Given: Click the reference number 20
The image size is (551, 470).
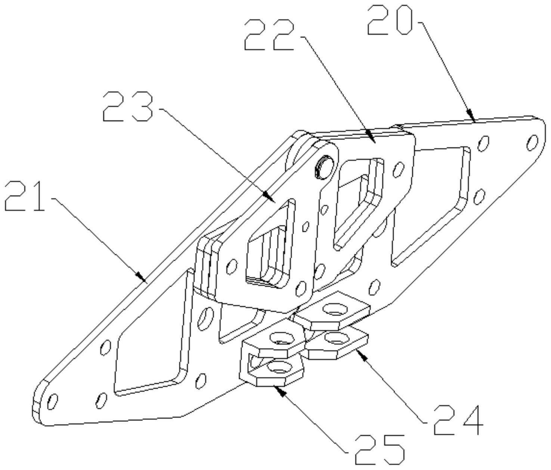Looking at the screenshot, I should point(390,21).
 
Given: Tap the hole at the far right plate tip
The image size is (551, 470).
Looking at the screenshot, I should point(532,142).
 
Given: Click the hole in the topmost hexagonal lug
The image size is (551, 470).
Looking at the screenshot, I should point(334,309).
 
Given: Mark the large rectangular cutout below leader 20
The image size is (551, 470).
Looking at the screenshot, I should point(430,205).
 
